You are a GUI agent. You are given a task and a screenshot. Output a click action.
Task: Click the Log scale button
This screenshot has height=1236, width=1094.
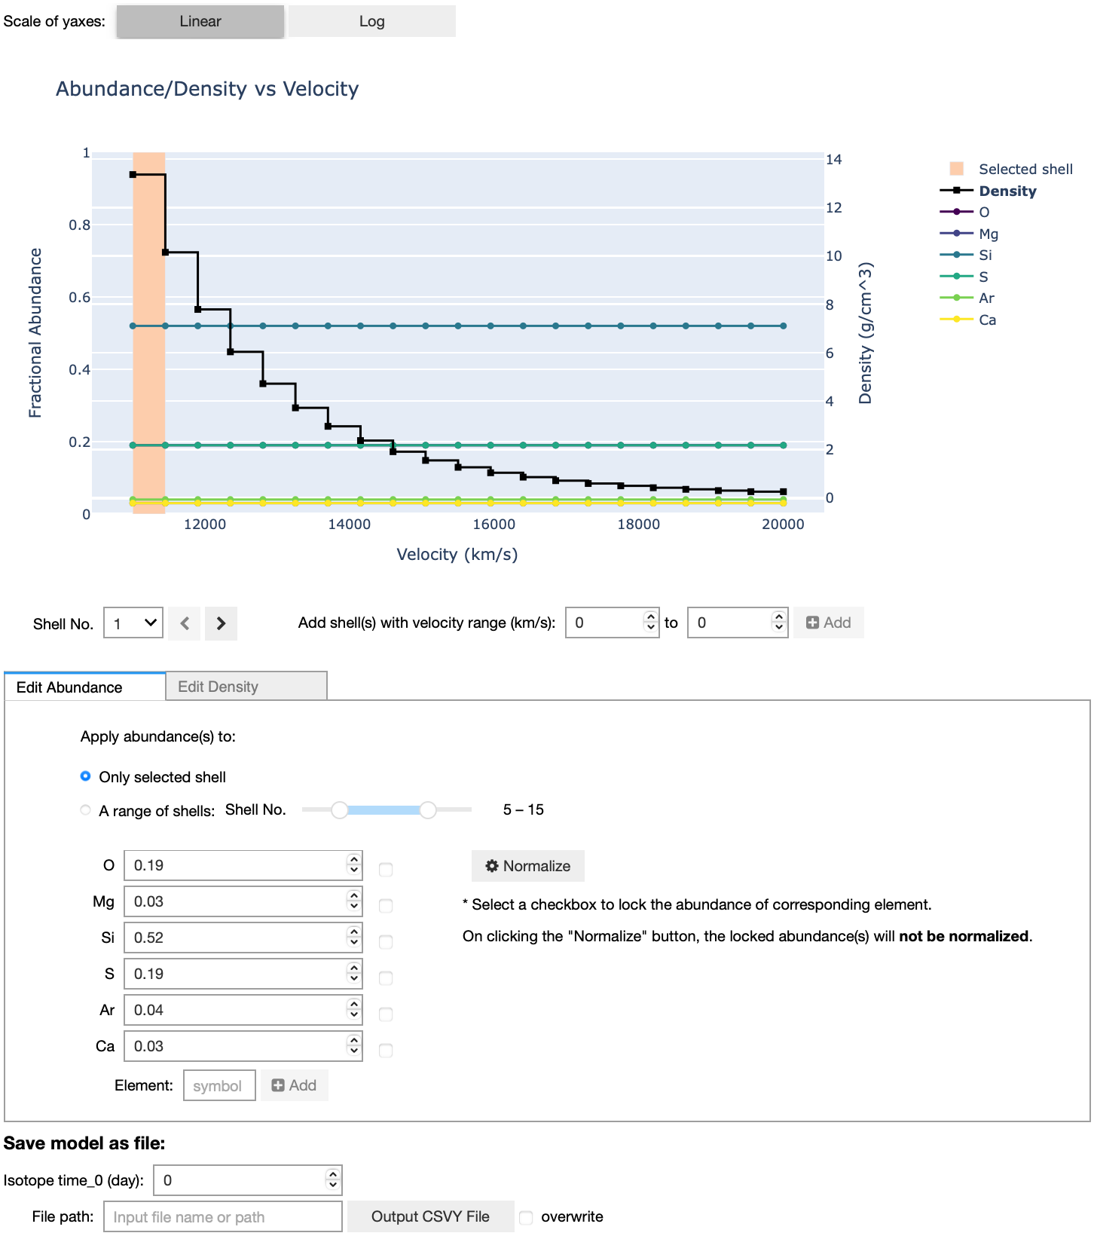click(371, 21)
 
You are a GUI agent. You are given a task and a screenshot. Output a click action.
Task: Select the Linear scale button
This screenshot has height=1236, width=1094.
click(200, 21)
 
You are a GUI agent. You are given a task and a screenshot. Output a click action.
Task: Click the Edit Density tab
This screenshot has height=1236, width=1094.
click(246, 687)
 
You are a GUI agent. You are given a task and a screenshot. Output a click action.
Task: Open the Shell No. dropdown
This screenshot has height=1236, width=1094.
click(133, 623)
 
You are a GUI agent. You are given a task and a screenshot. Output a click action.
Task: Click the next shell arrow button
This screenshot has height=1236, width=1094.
click(221, 623)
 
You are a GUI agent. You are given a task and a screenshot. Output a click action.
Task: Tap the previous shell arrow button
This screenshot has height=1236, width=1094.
click(185, 623)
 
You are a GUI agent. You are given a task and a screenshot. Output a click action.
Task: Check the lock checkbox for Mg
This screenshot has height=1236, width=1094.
click(386, 906)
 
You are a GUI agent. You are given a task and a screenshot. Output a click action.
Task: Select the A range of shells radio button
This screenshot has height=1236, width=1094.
click(86, 810)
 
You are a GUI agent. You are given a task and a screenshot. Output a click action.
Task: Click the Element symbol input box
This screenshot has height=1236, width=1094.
click(218, 1086)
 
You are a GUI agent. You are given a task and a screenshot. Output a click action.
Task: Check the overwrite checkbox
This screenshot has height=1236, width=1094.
click(526, 1217)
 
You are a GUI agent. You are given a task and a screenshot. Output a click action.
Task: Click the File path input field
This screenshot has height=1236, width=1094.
click(222, 1217)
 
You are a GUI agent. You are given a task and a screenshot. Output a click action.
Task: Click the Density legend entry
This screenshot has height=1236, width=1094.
click(1007, 191)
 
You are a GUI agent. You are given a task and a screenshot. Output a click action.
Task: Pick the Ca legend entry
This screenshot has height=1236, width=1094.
click(987, 320)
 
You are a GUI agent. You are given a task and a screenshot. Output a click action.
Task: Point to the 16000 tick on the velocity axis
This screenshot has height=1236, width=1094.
click(494, 525)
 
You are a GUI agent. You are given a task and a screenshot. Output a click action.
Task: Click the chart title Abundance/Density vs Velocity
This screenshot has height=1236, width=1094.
click(207, 89)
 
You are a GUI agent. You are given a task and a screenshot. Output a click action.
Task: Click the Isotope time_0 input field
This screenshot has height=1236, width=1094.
click(240, 1180)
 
